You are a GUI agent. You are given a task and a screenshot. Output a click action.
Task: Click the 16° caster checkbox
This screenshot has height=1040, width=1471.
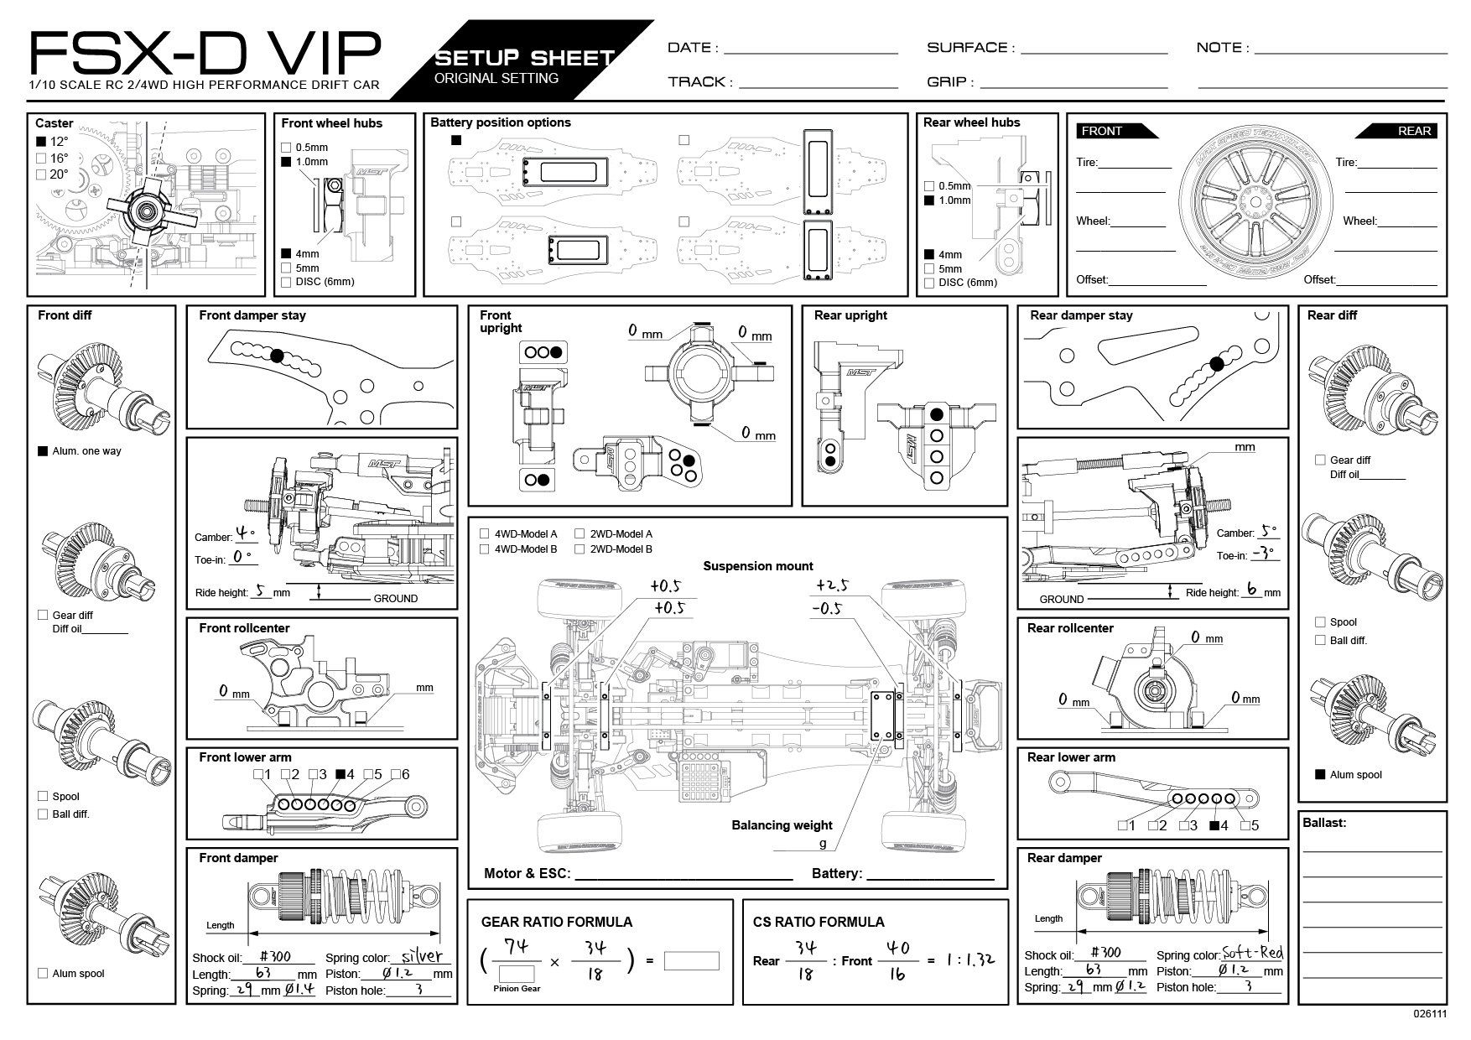click(x=41, y=159)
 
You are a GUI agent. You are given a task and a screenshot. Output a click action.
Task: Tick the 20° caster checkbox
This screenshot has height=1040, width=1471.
click(x=41, y=174)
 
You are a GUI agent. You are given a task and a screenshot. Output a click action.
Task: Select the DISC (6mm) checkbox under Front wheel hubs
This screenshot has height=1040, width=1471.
click(x=286, y=283)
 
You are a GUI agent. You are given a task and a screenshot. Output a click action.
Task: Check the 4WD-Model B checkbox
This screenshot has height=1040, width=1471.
click(x=485, y=549)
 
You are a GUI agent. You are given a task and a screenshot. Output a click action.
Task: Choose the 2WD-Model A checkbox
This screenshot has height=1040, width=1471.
click(x=580, y=533)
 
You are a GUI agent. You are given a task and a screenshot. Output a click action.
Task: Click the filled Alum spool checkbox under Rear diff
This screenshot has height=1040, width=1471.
click(x=1320, y=774)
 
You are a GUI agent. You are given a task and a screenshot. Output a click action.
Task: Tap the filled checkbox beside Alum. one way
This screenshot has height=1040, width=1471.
click(x=43, y=451)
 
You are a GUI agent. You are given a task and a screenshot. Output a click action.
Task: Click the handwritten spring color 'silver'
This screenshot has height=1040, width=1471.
click(x=422, y=955)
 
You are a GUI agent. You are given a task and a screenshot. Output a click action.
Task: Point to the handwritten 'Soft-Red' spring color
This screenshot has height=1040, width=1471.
click(x=1253, y=953)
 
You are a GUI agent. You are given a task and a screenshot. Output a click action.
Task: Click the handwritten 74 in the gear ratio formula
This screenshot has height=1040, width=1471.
click(x=516, y=947)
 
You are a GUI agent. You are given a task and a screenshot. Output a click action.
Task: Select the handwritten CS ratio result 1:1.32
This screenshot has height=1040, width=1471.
click(x=970, y=959)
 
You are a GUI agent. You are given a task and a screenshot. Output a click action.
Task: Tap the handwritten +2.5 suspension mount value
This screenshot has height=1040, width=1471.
click(x=831, y=585)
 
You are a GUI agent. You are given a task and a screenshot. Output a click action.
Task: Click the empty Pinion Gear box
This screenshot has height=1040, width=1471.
click(x=517, y=974)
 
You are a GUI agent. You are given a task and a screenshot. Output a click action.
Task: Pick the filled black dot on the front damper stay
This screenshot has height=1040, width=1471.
click(x=278, y=356)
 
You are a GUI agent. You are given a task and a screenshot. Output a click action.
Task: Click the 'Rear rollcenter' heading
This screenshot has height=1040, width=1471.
click(x=1070, y=628)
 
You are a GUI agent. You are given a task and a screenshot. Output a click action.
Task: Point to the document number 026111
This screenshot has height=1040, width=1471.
click(x=1430, y=1013)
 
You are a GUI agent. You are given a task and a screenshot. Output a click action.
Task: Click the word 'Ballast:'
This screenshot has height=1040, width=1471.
click(x=1324, y=823)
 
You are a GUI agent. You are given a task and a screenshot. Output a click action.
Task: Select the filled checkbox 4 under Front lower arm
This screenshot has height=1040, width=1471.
click(x=340, y=775)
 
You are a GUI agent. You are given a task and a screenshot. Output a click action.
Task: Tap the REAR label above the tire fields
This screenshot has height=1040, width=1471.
click(x=1414, y=131)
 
